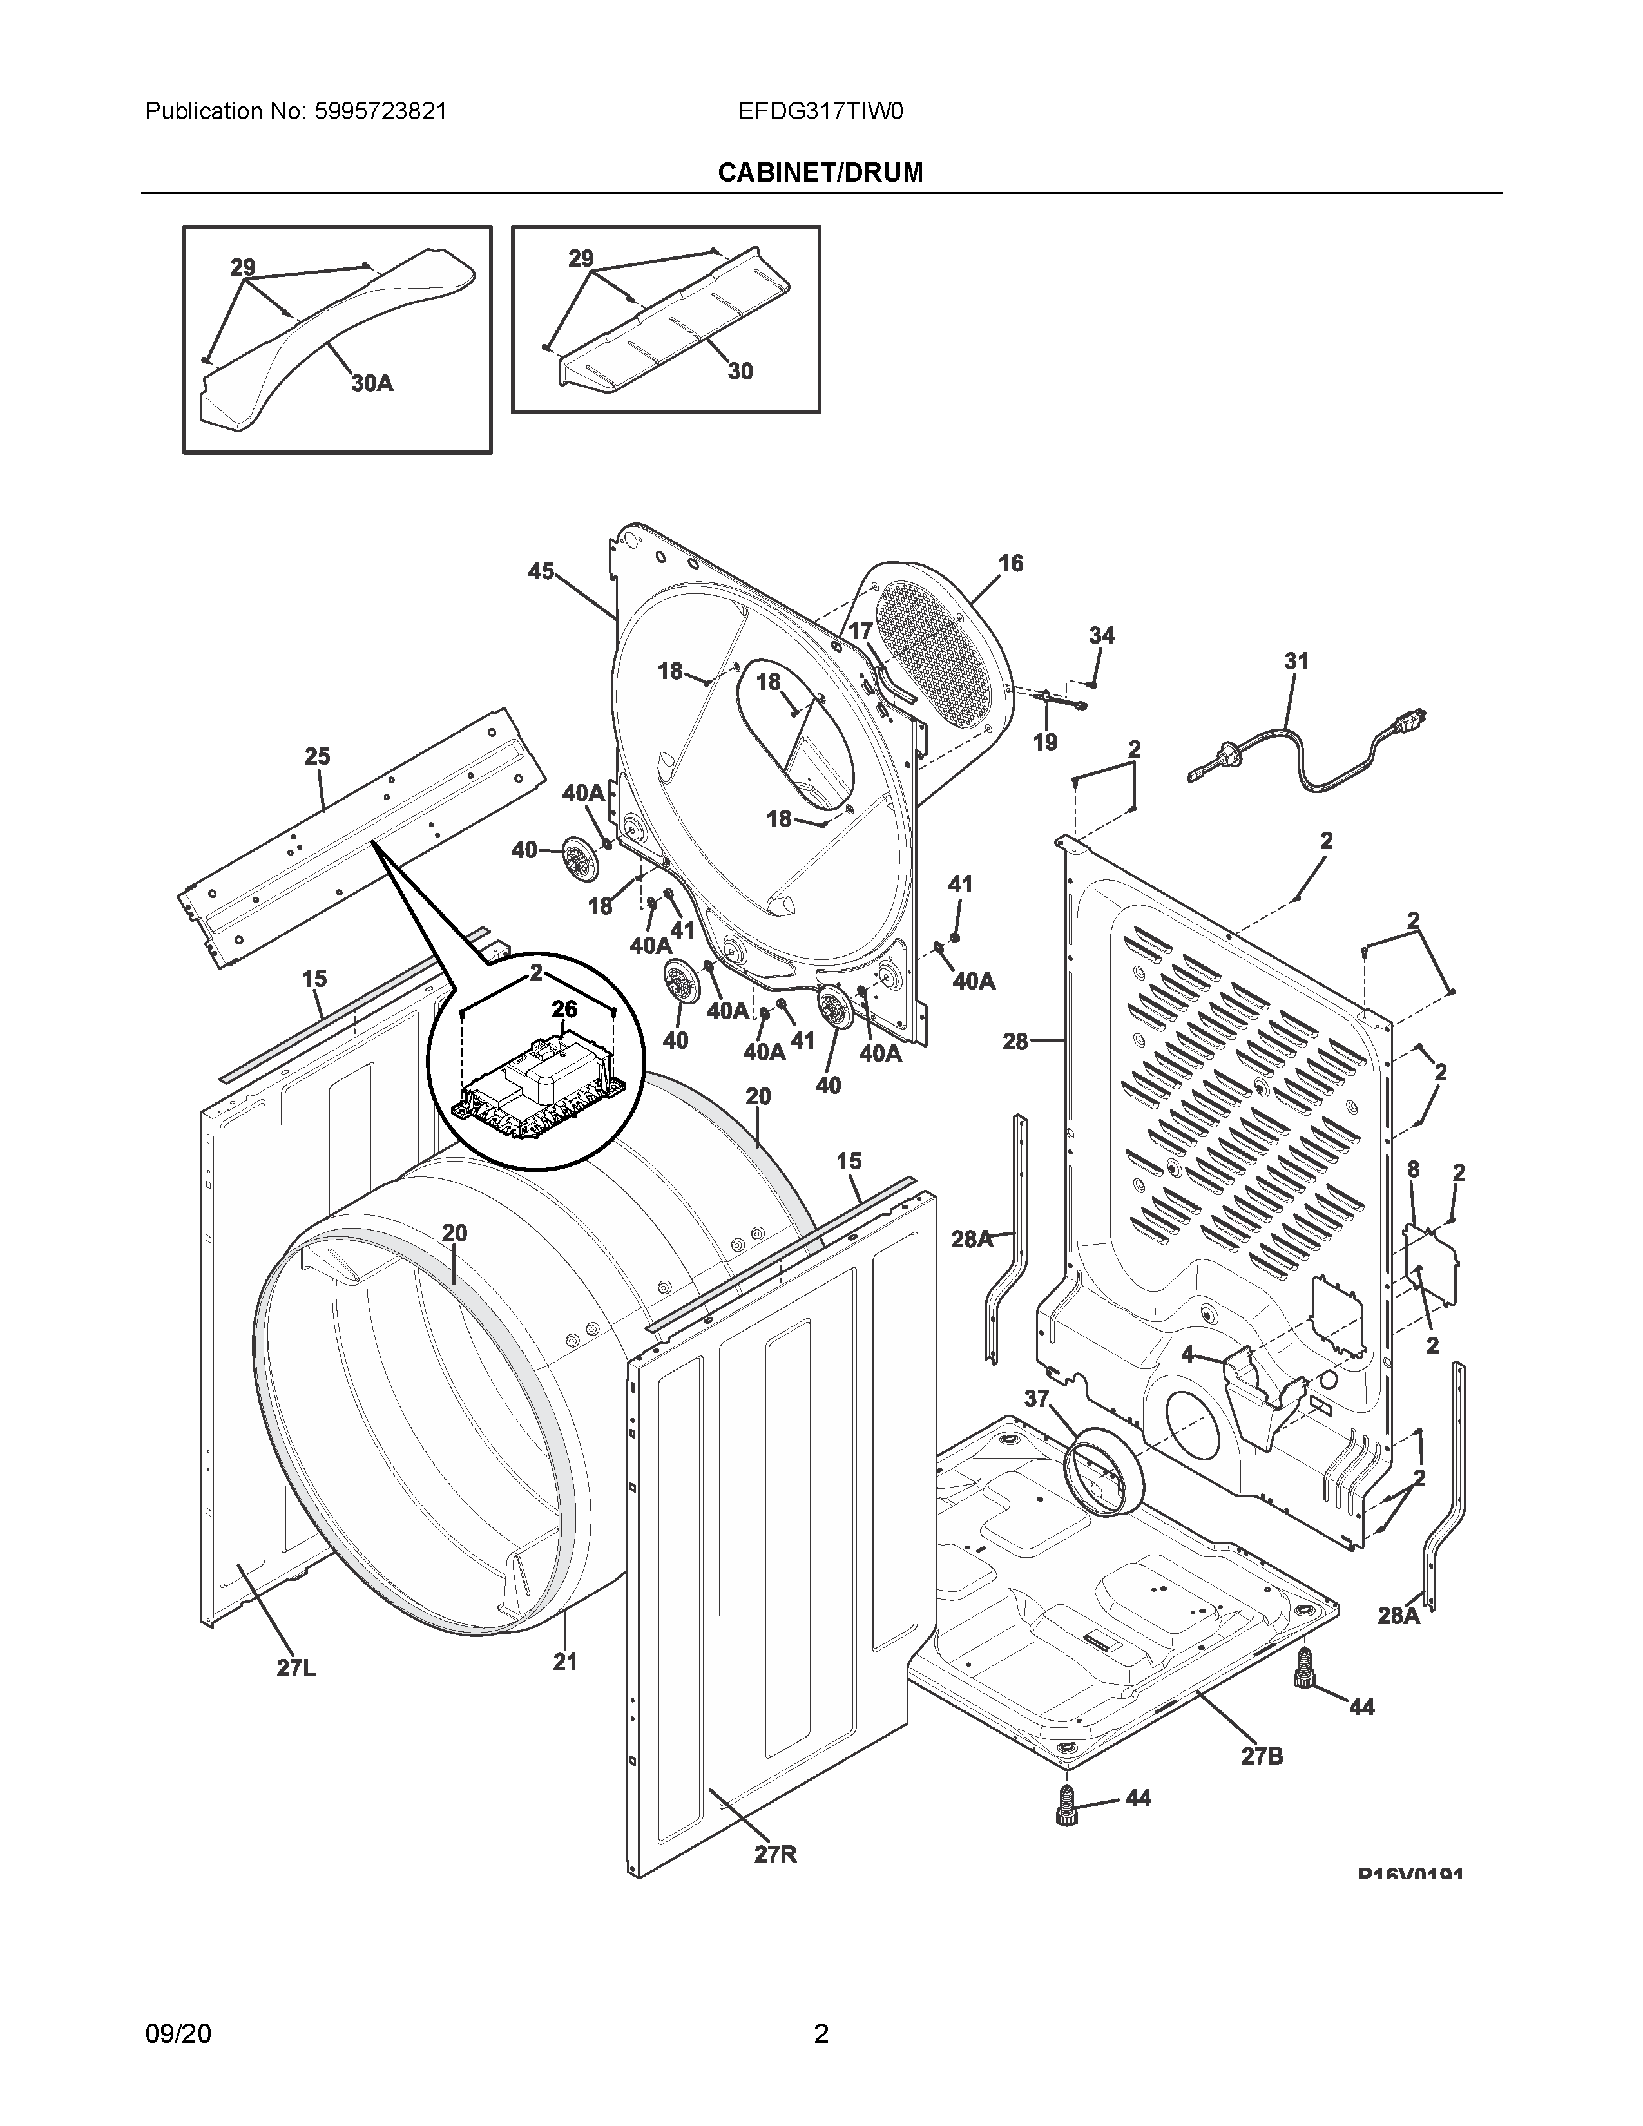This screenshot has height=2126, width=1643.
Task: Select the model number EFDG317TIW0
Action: (x=820, y=112)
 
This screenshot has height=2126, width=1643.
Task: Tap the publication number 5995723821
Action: (x=381, y=112)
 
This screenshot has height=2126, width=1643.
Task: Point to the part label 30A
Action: (x=372, y=383)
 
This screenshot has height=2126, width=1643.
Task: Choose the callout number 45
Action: (x=541, y=571)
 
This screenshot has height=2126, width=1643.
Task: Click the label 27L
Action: (x=296, y=1669)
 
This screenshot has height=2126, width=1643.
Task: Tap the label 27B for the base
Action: (x=1262, y=1756)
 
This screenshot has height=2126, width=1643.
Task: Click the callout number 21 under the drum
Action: (x=566, y=1662)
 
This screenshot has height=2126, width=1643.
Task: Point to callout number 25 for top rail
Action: (x=317, y=756)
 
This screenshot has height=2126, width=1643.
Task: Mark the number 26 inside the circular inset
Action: (x=564, y=1010)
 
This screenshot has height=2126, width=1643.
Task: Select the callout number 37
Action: (x=1037, y=1399)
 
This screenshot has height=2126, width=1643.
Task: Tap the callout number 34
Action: (x=1101, y=636)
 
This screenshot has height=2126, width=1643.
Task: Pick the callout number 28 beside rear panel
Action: (x=1015, y=1042)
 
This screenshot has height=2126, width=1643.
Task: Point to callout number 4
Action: (x=1187, y=1354)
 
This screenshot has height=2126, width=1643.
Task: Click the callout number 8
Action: (x=1413, y=1169)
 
